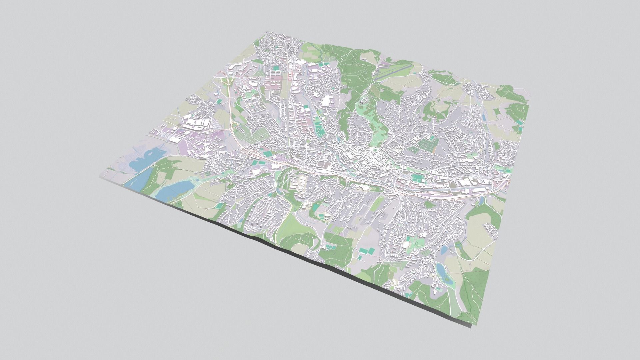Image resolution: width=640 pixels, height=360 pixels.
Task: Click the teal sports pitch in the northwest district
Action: click(x=276, y=68)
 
